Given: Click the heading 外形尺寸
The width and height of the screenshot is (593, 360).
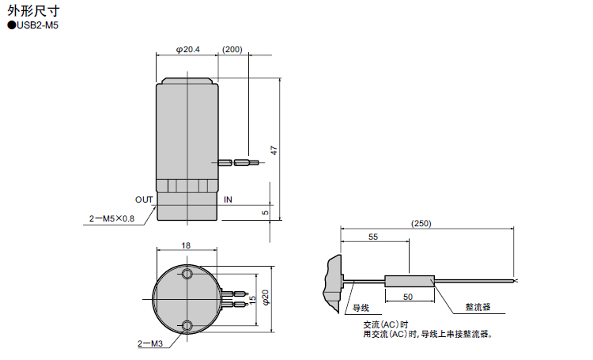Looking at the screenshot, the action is [x=33, y=10].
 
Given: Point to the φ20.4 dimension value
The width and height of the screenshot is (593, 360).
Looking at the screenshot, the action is [x=188, y=49].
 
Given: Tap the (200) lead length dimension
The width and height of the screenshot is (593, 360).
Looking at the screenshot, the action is [x=232, y=49].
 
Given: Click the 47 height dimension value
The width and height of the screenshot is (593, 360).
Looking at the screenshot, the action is [x=274, y=150].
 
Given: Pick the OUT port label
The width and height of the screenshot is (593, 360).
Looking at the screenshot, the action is [x=144, y=199].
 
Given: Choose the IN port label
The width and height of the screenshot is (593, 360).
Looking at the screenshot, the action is [x=228, y=199].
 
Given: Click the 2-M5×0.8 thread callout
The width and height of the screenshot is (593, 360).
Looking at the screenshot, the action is [x=111, y=218].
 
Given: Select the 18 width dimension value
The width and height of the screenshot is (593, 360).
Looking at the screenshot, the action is [x=186, y=245].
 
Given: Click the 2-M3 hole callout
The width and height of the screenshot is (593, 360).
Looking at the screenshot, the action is [x=150, y=343].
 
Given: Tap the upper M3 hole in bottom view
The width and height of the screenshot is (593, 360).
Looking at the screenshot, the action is [x=187, y=273].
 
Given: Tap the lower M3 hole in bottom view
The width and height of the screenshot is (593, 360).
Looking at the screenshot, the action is [x=187, y=325].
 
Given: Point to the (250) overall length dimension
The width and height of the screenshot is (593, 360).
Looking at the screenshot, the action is [x=421, y=223].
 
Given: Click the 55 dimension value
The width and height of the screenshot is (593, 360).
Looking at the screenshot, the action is [x=373, y=237].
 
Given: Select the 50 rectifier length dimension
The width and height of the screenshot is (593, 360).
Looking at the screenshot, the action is [x=408, y=297].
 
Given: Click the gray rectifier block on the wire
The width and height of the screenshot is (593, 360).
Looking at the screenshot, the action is [x=410, y=281].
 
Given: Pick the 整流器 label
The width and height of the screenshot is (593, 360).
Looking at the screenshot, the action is [x=478, y=307].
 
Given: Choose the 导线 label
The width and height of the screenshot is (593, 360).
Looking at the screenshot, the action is [x=361, y=308].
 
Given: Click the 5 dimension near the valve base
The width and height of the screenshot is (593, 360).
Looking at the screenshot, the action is [x=266, y=212].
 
